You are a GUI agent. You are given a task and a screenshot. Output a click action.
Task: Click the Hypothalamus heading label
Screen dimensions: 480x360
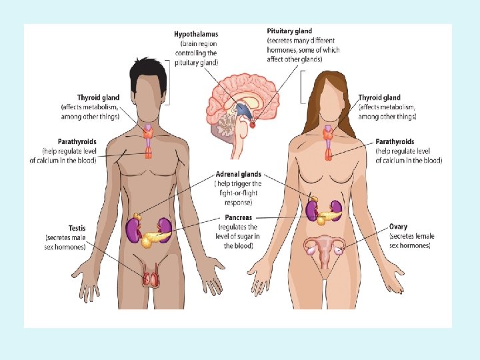195,34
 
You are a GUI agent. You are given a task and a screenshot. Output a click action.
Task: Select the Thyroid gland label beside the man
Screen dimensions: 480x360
98,98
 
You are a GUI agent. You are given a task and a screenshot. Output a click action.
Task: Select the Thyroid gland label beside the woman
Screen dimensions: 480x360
379,98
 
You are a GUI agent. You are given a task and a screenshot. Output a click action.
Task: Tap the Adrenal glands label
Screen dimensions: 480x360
238,175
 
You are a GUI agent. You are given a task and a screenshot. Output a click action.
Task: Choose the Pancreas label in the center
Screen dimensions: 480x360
238,218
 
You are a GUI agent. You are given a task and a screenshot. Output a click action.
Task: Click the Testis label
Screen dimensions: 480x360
77,228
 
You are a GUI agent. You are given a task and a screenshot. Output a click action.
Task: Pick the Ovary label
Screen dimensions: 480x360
399,227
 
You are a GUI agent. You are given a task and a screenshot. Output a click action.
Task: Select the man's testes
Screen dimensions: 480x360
151,277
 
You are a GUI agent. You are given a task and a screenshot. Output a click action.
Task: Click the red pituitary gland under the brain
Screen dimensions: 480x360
252,123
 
